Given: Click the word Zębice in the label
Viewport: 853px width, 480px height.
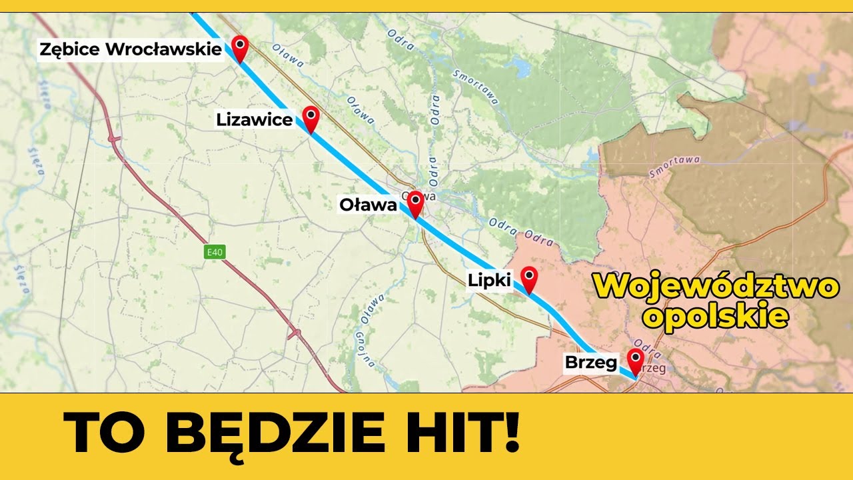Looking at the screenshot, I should point(69,49).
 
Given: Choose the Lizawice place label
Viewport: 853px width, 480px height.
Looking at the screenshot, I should point(254,120).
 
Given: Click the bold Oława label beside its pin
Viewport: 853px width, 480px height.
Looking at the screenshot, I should point(368,205).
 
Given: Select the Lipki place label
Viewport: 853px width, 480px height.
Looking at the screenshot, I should point(490,281).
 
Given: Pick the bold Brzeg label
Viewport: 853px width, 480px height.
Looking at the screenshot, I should point(590,363).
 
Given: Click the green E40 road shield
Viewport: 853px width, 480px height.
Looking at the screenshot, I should point(215,252).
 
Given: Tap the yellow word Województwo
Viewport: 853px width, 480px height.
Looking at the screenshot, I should point(716,287).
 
